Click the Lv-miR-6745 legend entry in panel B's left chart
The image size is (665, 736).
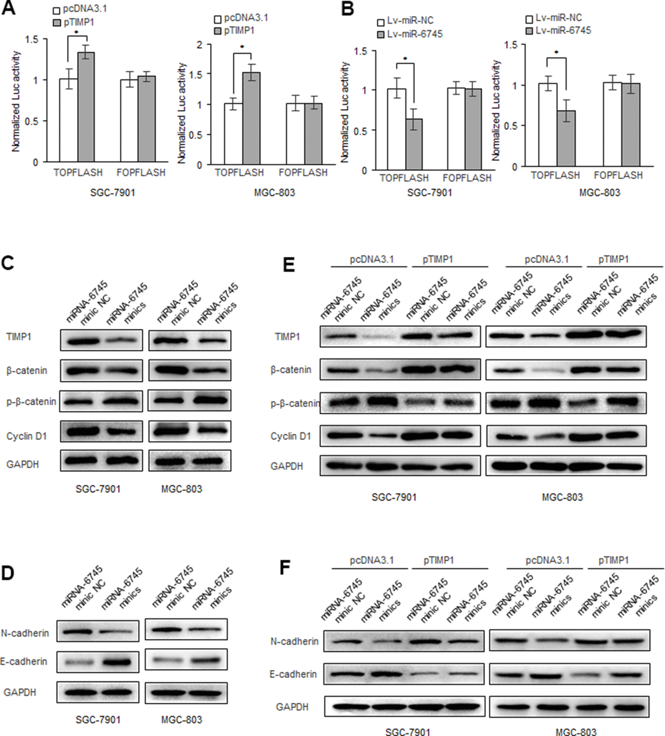coord(410,34)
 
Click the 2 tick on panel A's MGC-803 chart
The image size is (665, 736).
coord(200,44)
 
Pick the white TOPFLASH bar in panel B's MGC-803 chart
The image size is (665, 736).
coord(548,125)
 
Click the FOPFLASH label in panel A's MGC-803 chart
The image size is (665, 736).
coord(303,173)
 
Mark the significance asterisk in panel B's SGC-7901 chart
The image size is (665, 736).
coord(405,59)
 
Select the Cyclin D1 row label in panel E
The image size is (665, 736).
coord(290,436)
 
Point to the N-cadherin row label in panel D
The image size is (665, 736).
coord(25,633)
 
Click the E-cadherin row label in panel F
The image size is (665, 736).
coord(293,674)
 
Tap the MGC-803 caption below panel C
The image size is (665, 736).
coord(181,489)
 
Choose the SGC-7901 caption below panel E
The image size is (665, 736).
coord(394,497)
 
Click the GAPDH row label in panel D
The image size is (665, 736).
coord(20,692)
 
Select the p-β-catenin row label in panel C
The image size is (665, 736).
coord(31,402)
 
